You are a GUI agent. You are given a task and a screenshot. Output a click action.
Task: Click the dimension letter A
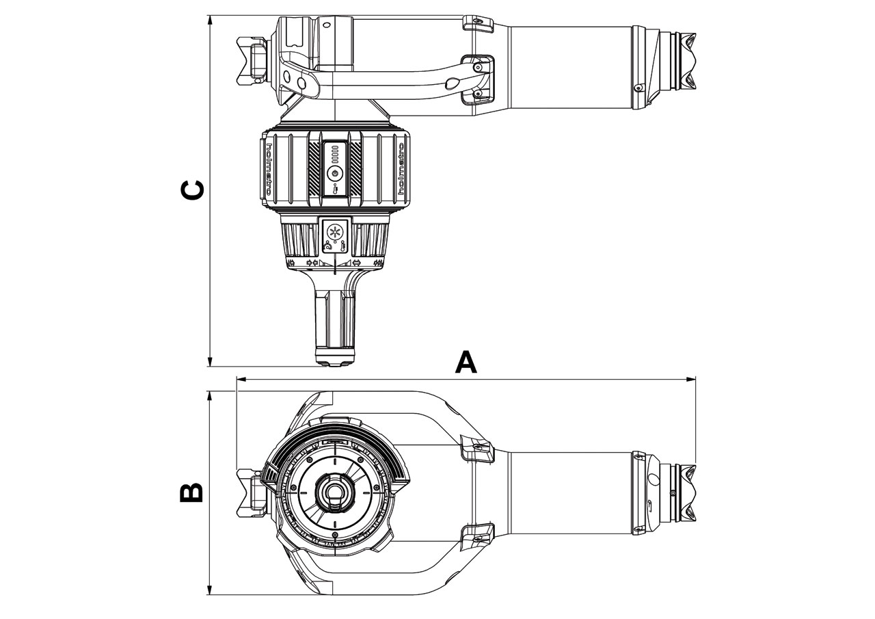tap(466, 362)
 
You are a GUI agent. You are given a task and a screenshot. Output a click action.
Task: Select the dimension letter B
tap(191, 492)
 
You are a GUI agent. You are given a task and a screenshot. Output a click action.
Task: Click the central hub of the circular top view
tap(334, 491)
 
